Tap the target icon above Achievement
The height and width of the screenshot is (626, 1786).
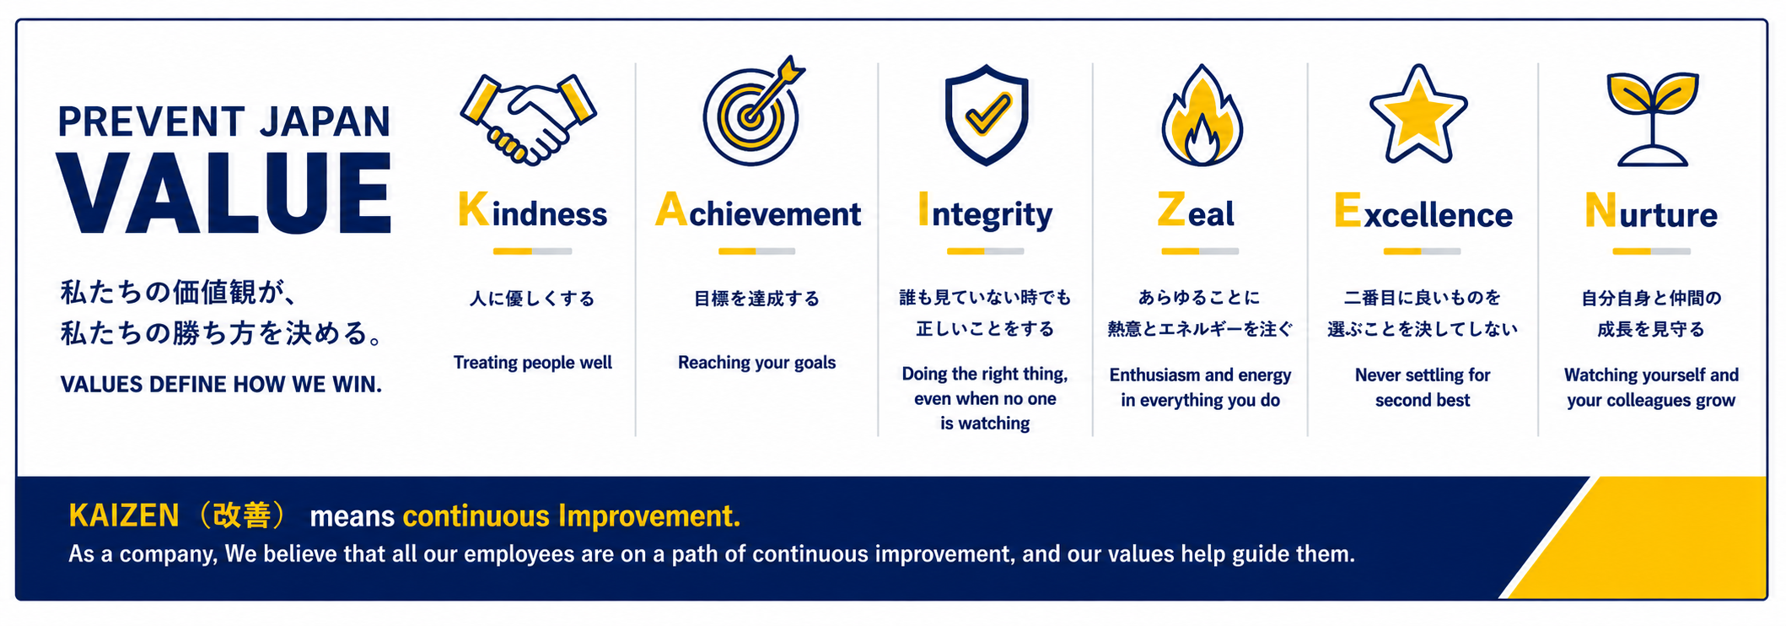pyautogui.click(x=753, y=111)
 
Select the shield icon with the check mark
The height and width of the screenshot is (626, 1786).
pyautogui.click(x=986, y=114)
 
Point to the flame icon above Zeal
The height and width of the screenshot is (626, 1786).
pyautogui.click(x=1202, y=115)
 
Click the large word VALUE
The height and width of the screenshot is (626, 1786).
pyautogui.click(x=224, y=193)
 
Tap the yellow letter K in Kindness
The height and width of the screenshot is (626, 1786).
pyautogui.click(x=473, y=209)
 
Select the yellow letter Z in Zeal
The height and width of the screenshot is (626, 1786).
pyautogui.click(x=1171, y=209)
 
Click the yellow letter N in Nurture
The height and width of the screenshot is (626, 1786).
pyautogui.click(x=1600, y=210)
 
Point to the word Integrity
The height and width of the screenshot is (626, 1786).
pyautogui.click(x=985, y=213)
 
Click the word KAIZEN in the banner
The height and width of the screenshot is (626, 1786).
pyautogui.click(x=124, y=515)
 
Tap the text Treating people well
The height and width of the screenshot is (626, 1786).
pyautogui.click(x=533, y=363)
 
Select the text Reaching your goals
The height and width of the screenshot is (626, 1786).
pyautogui.click(x=756, y=363)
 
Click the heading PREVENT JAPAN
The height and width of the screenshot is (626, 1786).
pyautogui.click(x=224, y=121)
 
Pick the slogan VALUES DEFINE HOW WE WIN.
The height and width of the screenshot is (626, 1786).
pyautogui.click(x=221, y=385)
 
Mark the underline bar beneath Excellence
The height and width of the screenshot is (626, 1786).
pyautogui.click(x=1422, y=251)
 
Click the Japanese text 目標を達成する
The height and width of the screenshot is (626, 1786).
pyautogui.click(x=756, y=299)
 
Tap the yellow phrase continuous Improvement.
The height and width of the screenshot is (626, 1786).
pyautogui.click(x=572, y=516)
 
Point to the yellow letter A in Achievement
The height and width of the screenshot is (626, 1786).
pyautogui.click(x=671, y=209)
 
